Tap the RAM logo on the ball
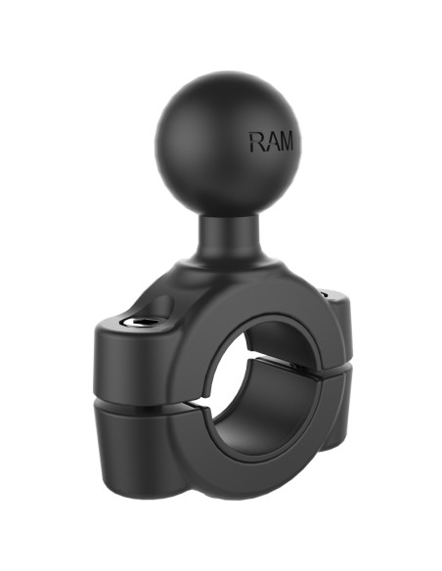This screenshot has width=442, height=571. click(270, 143)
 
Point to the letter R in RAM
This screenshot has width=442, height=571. click(256, 143)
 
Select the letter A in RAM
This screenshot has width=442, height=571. click(270, 143)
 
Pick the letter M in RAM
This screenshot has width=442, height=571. click(285, 143)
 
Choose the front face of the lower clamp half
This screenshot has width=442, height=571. click(176, 450)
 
